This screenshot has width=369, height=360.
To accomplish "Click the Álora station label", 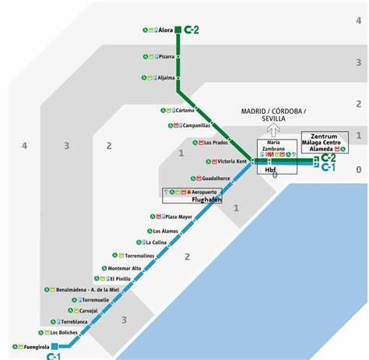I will [x=165, y=30].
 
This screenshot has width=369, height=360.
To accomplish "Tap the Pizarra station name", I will [x=167, y=57].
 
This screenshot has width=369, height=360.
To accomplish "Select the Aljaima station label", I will [x=166, y=78].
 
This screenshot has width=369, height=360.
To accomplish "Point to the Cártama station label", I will [x=184, y=111].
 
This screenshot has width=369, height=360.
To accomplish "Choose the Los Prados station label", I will [x=216, y=143].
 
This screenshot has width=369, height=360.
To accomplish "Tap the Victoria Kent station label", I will [x=231, y=161].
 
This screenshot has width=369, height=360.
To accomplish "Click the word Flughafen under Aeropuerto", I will [x=206, y=199].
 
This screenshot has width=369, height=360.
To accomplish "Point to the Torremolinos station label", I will [x=141, y=255].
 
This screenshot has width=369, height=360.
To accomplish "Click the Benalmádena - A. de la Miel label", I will [x=86, y=289].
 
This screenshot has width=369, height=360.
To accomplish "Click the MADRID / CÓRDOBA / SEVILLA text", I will [x=272, y=115].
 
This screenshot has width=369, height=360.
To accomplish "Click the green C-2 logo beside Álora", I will [x=191, y=30].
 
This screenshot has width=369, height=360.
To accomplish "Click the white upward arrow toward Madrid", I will [x=273, y=130].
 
